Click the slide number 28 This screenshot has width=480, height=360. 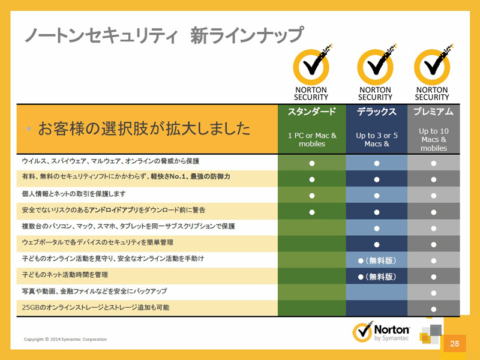pos(455,343)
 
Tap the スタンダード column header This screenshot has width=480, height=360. pos(311,112)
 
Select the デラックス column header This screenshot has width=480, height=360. pos(377,112)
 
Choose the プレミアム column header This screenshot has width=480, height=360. pos(433,112)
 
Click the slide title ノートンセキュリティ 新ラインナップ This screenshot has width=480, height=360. pos(164,35)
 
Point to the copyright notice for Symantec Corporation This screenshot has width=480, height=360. pos(65,339)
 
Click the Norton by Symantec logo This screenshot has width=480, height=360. pos(381,332)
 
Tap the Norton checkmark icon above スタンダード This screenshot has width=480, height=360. pos(312,65)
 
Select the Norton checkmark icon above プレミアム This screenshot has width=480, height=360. pos(433,65)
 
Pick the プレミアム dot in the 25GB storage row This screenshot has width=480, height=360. pos(433,309)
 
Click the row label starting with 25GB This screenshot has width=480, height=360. pos(95,307)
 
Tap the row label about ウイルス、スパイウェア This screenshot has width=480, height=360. pos(110,161)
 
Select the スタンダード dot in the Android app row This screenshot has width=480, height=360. pos(312,212)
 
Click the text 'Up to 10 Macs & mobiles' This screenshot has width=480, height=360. pos(433,140)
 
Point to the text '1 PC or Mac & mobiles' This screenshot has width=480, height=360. pos(312,140)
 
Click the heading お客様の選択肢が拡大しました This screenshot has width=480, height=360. pos(144,128)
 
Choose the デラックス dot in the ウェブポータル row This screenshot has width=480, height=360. pos(377,245)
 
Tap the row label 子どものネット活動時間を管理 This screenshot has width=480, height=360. pos(65,275)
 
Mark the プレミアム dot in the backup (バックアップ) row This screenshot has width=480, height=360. pos(433,293)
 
